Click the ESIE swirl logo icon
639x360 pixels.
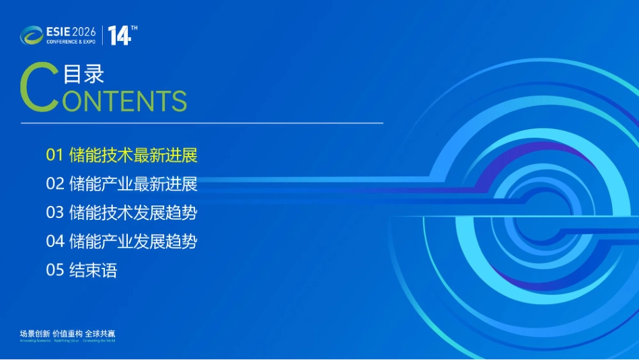click(x=31, y=35)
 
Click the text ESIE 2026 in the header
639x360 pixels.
click(x=71, y=32)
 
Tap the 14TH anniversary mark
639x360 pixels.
click(x=122, y=35)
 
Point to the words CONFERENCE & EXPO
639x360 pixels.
click(x=71, y=42)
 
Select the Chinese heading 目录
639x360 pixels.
click(x=83, y=73)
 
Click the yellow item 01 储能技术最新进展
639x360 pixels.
click(x=122, y=155)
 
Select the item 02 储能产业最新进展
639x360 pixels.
click(x=122, y=184)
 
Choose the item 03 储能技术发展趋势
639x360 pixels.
click(x=122, y=213)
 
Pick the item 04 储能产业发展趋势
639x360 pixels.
click(x=122, y=241)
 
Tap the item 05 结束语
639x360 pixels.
click(x=81, y=271)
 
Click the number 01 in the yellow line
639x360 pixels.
click(x=54, y=155)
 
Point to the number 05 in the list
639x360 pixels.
click(x=54, y=271)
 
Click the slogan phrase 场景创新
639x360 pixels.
click(x=35, y=334)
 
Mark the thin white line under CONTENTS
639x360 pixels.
click(x=202, y=123)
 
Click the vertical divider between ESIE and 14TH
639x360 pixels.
click(x=102, y=35)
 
